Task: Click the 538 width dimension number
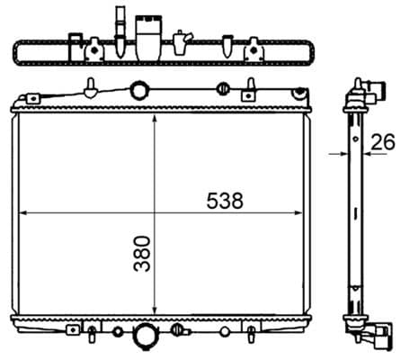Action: click(x=224, y=202)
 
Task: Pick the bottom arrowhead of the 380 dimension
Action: click(x=156, y=310)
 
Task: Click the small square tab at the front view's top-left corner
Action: click(x=33, y=99)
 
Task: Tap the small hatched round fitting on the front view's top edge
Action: click(x=221, y=88)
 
